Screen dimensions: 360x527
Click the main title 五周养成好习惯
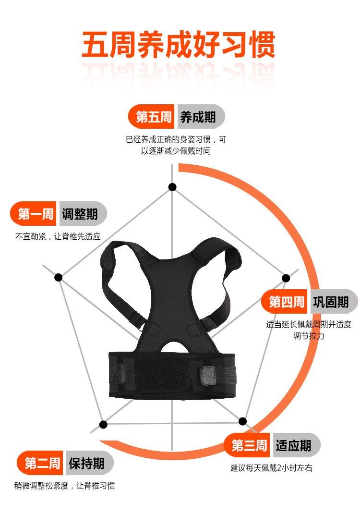point(178,45)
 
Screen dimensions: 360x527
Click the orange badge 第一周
point(35,214)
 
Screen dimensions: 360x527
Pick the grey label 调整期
point(81,214)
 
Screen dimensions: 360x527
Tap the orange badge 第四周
point(286,302)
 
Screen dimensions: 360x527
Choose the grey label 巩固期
point(332,302)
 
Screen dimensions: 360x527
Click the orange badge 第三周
point(249,445)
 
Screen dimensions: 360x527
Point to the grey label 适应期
point(294,445)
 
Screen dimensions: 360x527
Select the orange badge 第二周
point(42,464)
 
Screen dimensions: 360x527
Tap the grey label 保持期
point(87,464)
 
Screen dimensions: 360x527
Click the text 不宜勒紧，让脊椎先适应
point(58,236)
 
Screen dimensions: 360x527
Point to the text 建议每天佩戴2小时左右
point(271,468)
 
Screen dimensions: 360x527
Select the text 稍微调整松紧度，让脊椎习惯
point(64,486)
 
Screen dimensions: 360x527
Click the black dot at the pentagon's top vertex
point(172,187)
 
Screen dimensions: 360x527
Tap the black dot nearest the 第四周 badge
point(286,278)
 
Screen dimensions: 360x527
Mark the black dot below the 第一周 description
point(59,277)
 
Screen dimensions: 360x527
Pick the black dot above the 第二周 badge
point(103,424)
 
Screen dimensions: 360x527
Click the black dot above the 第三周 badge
point(242,421)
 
